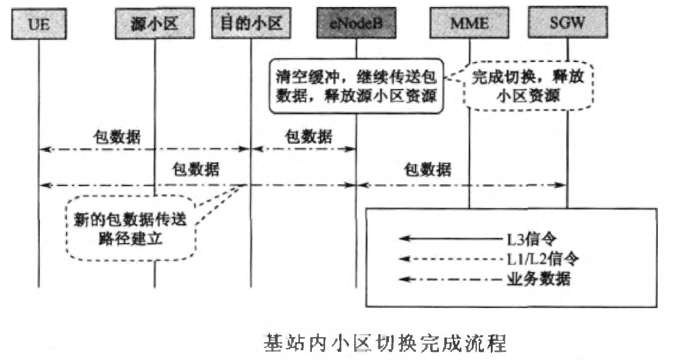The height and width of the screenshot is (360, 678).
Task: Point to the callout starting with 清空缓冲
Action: tap(356, 86)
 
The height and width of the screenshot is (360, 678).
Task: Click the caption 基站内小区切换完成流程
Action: tap(385, 343)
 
